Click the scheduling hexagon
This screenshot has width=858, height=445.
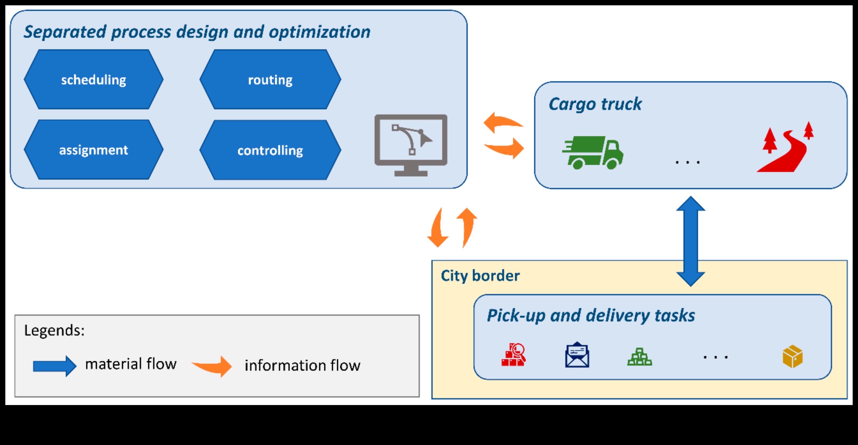pos(94,80)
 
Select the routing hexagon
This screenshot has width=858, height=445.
pos(270,80)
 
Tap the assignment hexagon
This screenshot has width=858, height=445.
pos(94,150)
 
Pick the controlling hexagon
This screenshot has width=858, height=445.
pos(270,150)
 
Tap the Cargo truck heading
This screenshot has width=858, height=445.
pos(595,104)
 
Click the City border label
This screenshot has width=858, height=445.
pos(480,276)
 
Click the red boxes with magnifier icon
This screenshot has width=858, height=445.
pos(514,355)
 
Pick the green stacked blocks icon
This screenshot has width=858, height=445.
pos(639,357)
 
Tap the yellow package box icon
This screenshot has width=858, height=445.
pos(792,357)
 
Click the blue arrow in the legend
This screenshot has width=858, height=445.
pos(55,366)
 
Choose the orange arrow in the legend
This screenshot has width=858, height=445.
pos(212,366)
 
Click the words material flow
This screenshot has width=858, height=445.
pos(131,364)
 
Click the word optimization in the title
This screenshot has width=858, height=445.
pos(319,32)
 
